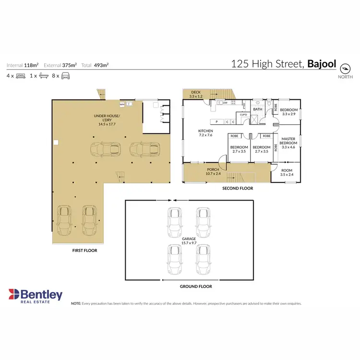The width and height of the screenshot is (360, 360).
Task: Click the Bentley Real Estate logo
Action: click(x=35, y=295)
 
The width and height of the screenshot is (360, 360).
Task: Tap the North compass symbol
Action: click(x=345, y=67)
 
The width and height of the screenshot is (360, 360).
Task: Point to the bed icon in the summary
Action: click(x=20, y=76)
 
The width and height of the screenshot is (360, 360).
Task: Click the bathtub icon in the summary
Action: click(x=44, y=76)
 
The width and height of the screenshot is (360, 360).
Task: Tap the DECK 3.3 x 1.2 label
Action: click(x=195, y=94)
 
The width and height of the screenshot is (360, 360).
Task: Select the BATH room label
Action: click(x=258, y=109)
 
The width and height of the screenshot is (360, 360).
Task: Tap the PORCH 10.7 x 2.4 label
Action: click(x=213, y=171)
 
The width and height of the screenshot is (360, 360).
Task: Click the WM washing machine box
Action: click(x=122, y=104)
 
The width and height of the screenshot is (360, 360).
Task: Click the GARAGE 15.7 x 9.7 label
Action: click(x=189, y=241)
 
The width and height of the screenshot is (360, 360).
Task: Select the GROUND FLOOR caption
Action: click(x=196, y=287)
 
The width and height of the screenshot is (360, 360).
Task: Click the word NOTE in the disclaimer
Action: click(x=76, y=303)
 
